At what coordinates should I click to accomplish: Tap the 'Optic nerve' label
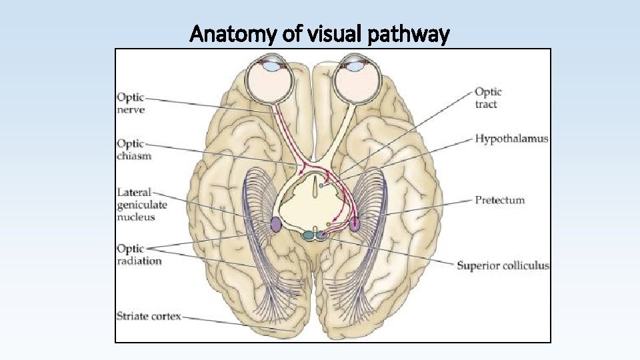click(131, 103)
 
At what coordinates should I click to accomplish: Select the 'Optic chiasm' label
click(134, 149)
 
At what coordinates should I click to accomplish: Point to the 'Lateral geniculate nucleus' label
click(142, 205)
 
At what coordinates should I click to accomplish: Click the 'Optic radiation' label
click(139, 255)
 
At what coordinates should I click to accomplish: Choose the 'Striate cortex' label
click(149, 316)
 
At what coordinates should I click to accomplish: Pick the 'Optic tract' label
click(487, 97)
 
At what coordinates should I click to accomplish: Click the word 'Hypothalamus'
click(511, 139)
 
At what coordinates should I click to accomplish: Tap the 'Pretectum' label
click(499, 199)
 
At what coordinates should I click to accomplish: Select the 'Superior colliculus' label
click(503, 265)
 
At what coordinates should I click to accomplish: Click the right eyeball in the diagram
click(354, 81)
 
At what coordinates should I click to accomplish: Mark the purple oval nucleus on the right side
click(354, 225)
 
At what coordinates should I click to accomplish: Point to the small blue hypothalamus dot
click(321, 186)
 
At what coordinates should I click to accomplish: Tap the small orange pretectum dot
click(328, 225)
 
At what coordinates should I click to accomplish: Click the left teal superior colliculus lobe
click(308, 235)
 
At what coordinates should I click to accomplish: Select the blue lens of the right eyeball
click(353, 65)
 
